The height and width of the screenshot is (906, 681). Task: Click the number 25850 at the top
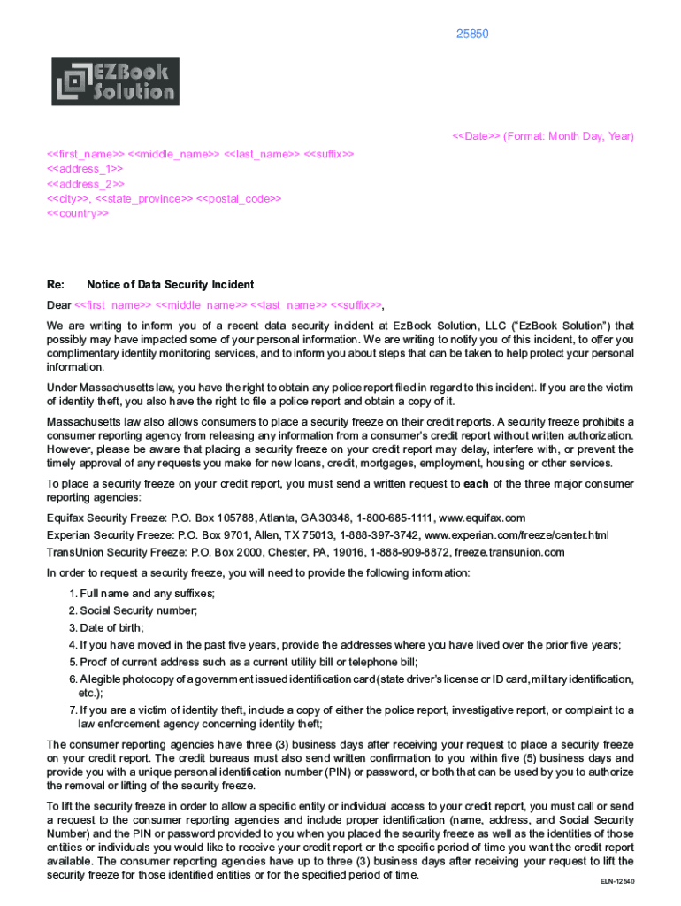[x=472, y=35]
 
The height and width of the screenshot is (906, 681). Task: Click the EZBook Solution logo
[x=116, y=81]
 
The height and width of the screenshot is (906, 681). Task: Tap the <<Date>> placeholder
[x=477, y=136]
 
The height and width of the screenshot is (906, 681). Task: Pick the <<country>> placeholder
[x=78, y=214]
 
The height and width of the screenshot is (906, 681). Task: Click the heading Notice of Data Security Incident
[x=171, y=285]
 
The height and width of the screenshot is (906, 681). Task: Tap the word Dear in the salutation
[x=59, y=306]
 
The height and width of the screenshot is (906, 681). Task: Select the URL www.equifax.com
[x=482, y=518]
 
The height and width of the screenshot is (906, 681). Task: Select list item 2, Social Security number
[x=138, y=610]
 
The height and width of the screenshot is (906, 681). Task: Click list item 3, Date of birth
[x=112, y=627]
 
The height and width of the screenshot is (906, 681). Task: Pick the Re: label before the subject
[x=56, y=285]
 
